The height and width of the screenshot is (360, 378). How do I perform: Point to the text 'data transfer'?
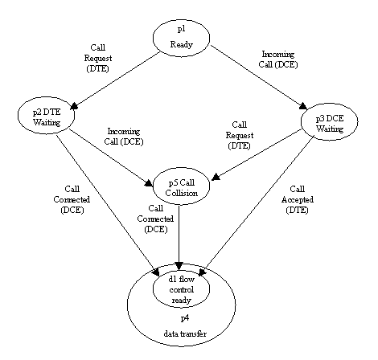[185, 333]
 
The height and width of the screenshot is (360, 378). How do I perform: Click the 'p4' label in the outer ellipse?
[185, 318]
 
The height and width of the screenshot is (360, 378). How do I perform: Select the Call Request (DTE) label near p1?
[98, 58]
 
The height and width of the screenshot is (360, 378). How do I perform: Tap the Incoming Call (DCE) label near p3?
[278, 59]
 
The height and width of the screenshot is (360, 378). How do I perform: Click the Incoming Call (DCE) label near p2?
[124, 137]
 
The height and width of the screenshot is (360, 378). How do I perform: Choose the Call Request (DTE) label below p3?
[240, 135]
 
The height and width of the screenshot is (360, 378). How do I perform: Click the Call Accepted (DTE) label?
[298, 199]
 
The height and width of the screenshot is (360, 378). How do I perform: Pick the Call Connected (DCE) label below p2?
[72, 199]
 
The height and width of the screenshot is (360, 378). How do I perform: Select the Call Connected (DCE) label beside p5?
[155, 219]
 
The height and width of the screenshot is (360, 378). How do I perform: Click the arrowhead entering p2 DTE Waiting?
[74, 106]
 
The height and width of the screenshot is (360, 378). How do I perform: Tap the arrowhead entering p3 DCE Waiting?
[303, 106]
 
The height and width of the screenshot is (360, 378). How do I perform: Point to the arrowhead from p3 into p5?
[216, 177]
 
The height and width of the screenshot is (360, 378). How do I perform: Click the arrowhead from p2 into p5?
[149, 183]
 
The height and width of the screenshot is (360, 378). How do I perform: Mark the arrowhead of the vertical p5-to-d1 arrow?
[179, 266]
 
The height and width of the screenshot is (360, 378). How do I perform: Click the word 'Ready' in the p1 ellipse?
[181, 44]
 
